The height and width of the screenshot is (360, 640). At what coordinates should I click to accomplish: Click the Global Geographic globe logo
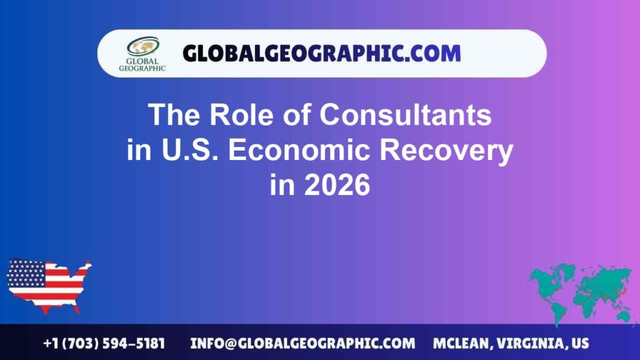(x=142, y=46)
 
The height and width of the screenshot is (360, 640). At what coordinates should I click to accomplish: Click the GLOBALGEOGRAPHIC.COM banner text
(x=321, y=53)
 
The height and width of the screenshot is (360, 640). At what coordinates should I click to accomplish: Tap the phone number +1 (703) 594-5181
(x=104, y=343)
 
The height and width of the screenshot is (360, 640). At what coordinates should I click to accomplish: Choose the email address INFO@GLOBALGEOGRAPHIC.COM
(x=302, y=343)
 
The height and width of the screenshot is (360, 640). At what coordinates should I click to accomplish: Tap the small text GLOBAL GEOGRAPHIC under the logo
(x=142, y=66)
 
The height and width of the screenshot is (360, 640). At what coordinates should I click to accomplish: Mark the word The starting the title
(x=171, y=115)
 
